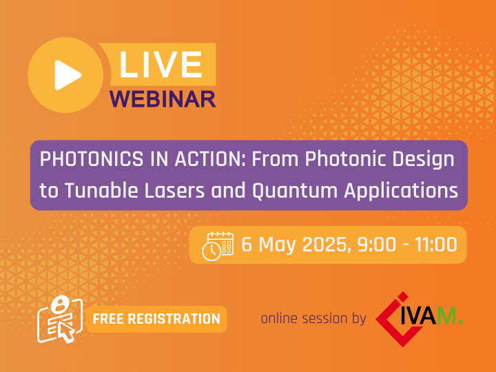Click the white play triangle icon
(68, 75)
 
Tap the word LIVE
(161, 65)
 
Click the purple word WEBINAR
(163, 99)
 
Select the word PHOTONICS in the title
(92, 159)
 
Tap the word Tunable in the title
(102, 190)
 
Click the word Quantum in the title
(295, 191)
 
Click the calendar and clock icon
(218, 246)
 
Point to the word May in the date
(277, 246)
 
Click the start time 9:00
(377, 245)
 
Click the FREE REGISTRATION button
(156, 319)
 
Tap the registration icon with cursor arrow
(60, 319)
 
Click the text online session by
(313, 318)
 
